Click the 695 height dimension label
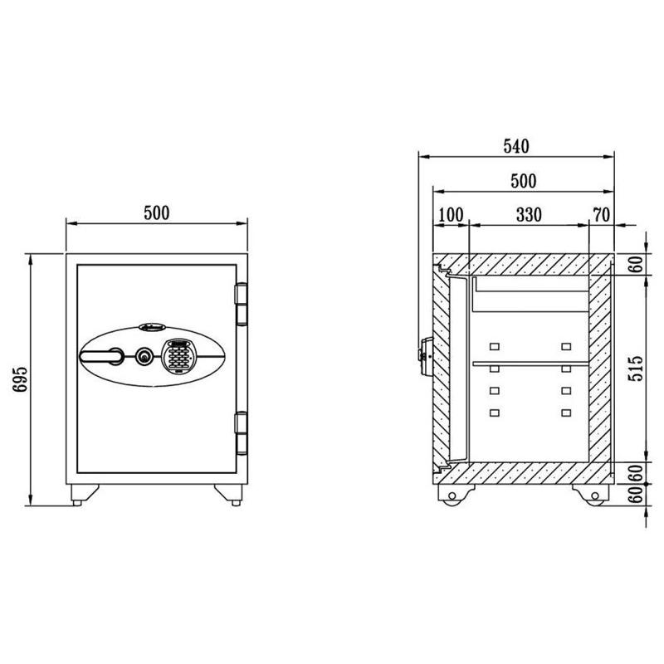pyautogui.click(x=20, y=379)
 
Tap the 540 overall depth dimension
pyautogui.click(x=516, y=146)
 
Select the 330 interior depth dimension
pyautogui.click(x=529, y=215)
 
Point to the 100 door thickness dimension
pyautogui.click(x=451, y=215)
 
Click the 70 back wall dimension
pyautogui.click(x=601, y=215)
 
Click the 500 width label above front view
pyautogui.click(x=157, y=213)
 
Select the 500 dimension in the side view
pyautogui.click(x=524, y=181)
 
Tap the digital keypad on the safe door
pyautogui.click(x=178, y=356)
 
